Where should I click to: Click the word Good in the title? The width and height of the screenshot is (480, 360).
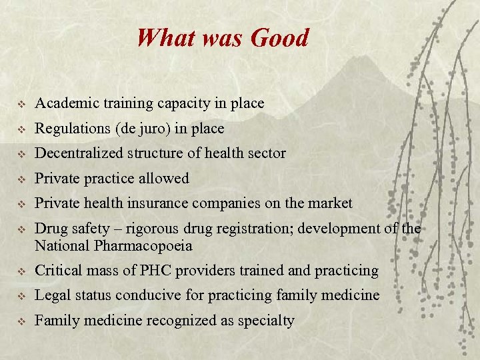[x=280, y=38]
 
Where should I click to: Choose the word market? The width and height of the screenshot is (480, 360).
[x=330, y=203]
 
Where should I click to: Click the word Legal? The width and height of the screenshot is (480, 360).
[x=51, y=295]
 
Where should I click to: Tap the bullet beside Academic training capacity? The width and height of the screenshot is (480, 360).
[x=21, y=104]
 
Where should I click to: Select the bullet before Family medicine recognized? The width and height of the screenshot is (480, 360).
[x=21, y=321]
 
